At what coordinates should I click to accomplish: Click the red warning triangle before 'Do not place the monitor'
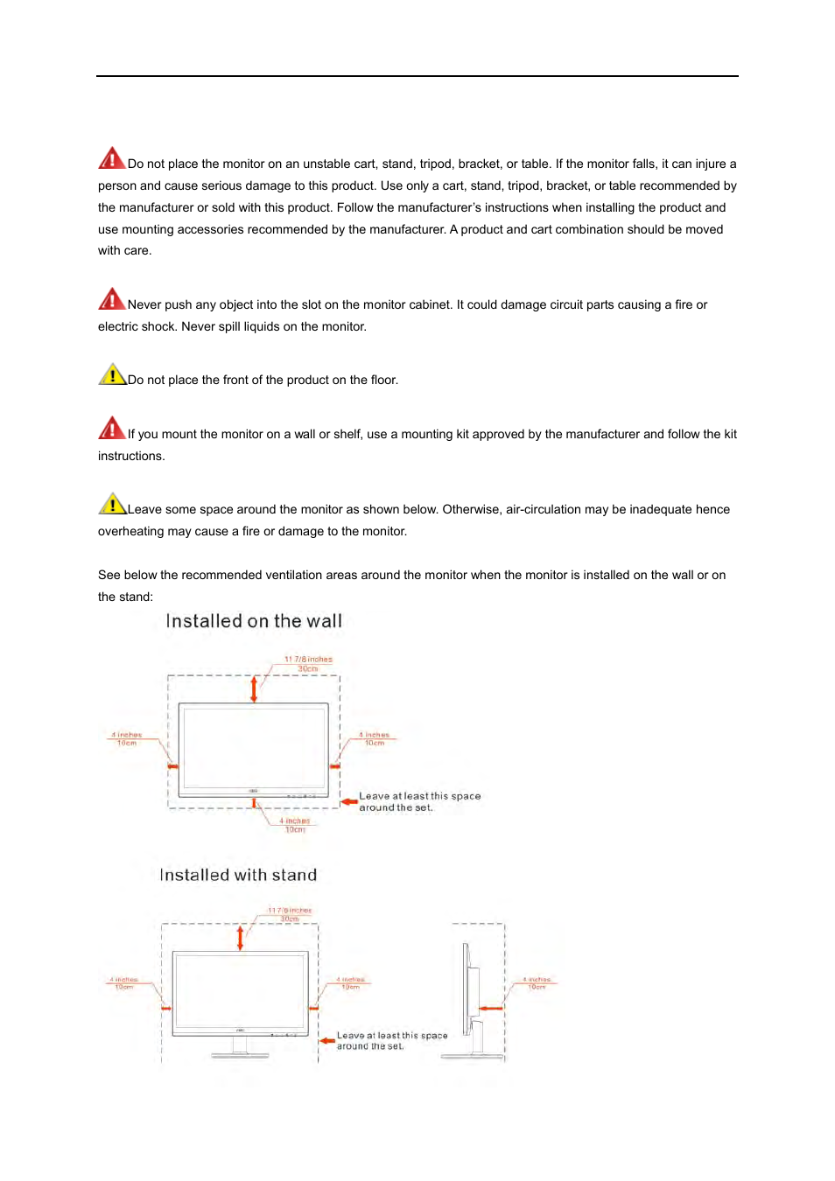(111, 158)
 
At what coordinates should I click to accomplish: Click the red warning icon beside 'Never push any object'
(111, 299)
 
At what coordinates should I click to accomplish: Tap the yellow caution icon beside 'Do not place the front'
(112, 374)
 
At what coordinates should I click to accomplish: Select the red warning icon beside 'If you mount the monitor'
(111, 429)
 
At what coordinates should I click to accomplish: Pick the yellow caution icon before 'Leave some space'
(112, 504)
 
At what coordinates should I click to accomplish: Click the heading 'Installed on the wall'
(254, 621)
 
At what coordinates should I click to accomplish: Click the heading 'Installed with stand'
(238, 875)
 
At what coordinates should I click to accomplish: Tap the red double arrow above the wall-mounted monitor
(254, 688)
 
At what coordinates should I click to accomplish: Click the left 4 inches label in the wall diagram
(127, 738)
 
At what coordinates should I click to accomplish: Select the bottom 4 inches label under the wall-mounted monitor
(295, 825)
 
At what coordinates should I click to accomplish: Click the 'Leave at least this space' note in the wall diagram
(419, 801)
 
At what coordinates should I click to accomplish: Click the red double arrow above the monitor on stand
(241, 938)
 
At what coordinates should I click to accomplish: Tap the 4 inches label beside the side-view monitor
(537, 982)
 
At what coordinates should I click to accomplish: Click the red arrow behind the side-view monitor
(491, 1008)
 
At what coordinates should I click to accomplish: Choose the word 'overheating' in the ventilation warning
(130, 531)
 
